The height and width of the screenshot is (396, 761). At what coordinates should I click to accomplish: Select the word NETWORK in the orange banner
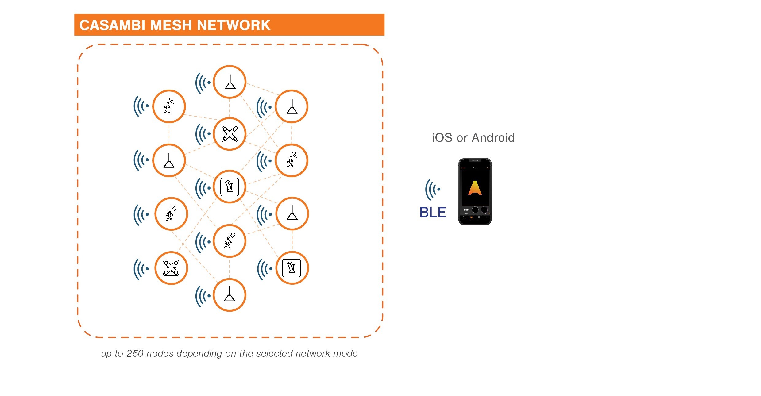point(233,25)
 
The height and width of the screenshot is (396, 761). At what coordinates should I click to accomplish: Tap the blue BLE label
point(432,212)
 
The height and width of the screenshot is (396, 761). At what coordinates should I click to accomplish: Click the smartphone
point(475,191)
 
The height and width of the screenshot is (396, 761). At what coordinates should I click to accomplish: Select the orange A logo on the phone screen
point(475,188)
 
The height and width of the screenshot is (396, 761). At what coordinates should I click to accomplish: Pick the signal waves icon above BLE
point(433,190)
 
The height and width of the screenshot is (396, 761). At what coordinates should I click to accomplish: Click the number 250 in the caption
point(135,353)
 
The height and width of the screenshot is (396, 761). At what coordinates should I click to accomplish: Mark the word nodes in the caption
point(160,353)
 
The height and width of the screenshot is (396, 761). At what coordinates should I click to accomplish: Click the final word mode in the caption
point(345,353)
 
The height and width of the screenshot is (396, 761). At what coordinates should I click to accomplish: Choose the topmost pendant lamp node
point(230,82)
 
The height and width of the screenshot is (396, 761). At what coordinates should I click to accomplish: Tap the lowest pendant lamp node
point(230,295)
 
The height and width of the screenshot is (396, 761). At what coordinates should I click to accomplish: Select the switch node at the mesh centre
point(230,186)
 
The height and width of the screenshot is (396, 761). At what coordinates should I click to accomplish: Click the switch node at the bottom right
point(292,268)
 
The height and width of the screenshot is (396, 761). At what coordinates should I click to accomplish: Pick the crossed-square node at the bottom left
point(171,268)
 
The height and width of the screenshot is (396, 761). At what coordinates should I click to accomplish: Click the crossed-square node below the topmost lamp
point(230,134)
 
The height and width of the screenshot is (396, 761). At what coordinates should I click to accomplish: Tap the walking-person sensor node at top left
point(169,106)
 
